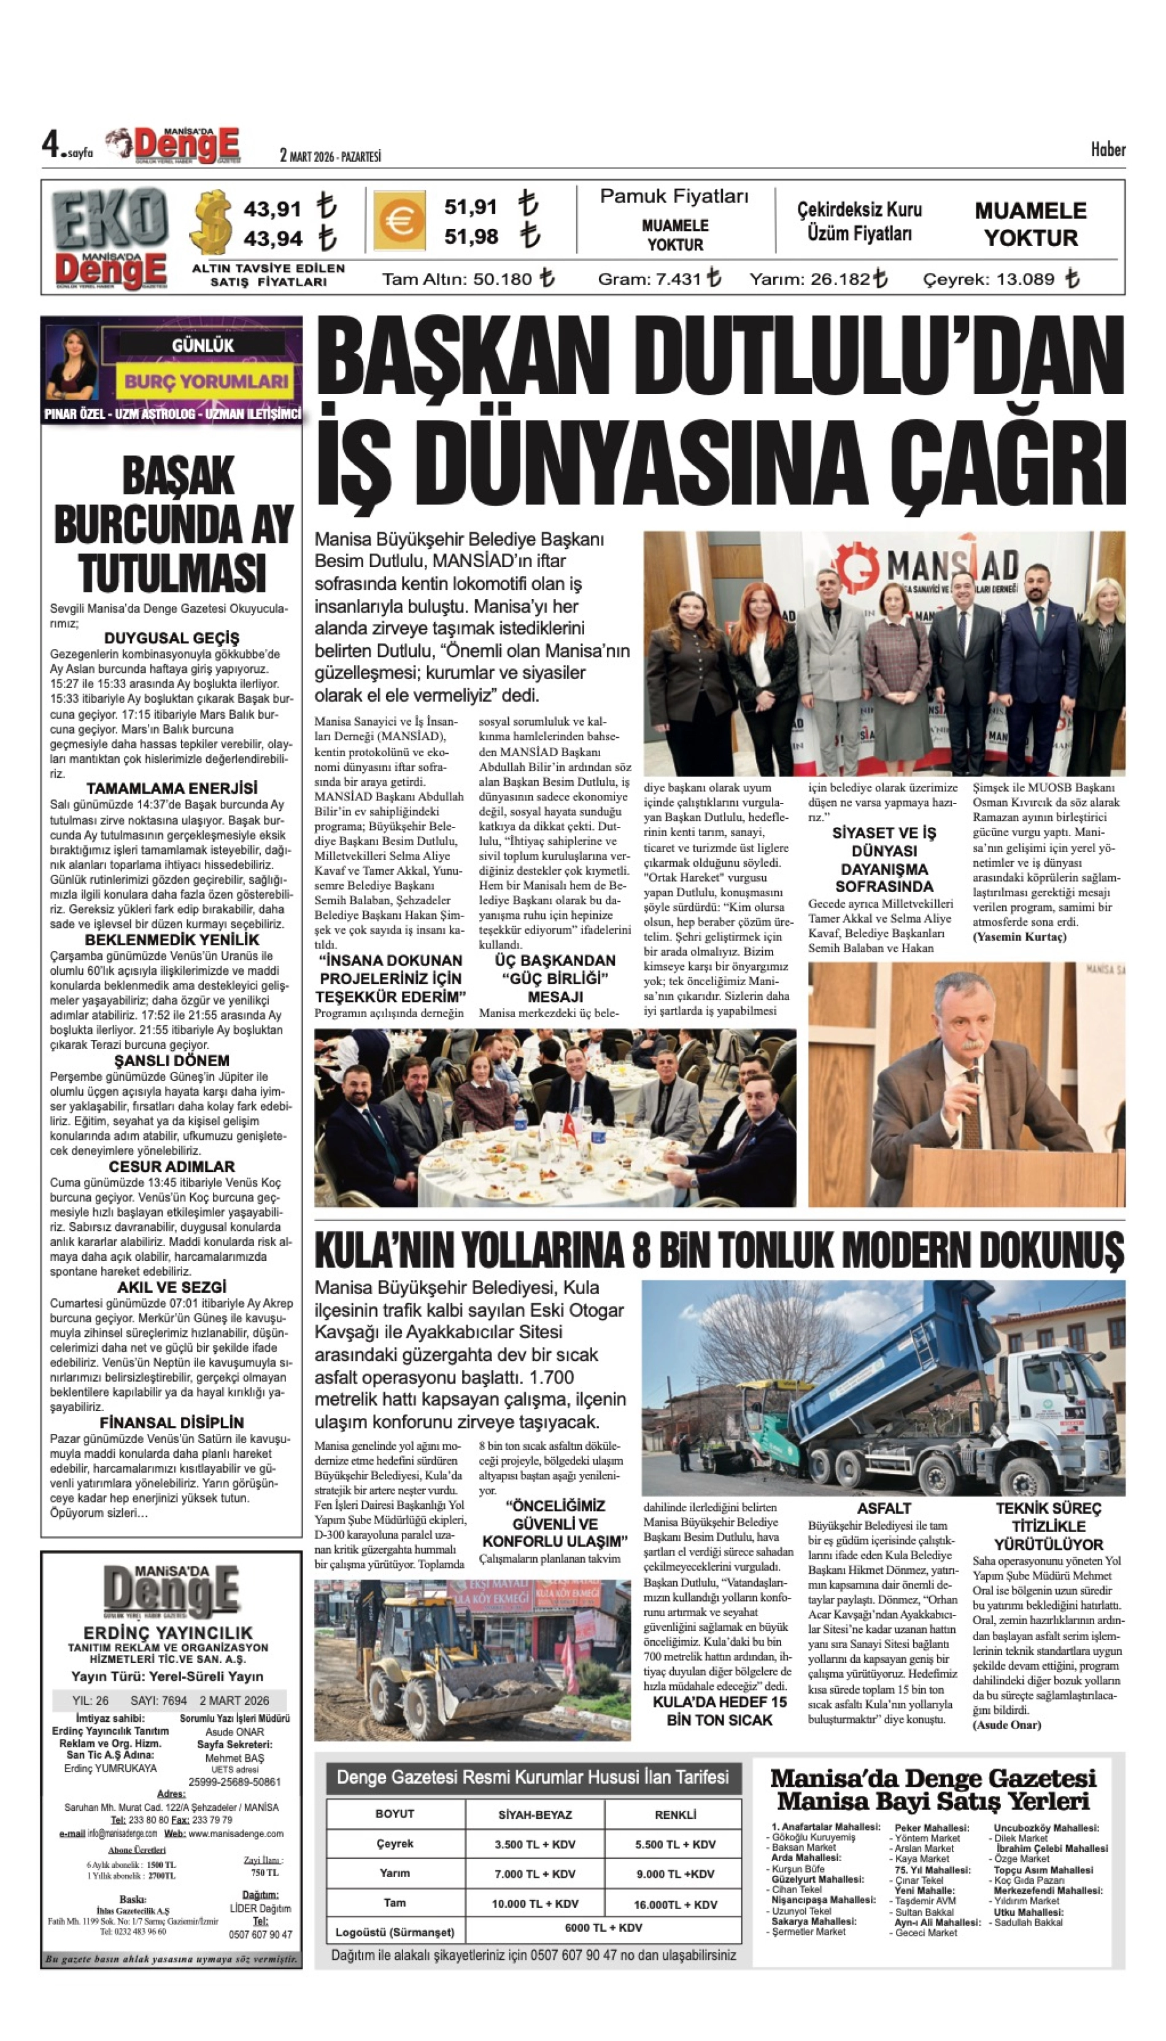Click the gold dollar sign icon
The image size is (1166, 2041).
pyautogui.click(x=213, y=221)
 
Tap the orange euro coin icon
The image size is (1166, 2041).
pyautogui.click(x=399, y=220)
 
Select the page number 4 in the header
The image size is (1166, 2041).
pyautogui.click(x=52, y=146)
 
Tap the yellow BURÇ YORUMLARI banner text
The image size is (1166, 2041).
pyautogui.click(x=206, y=381)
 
